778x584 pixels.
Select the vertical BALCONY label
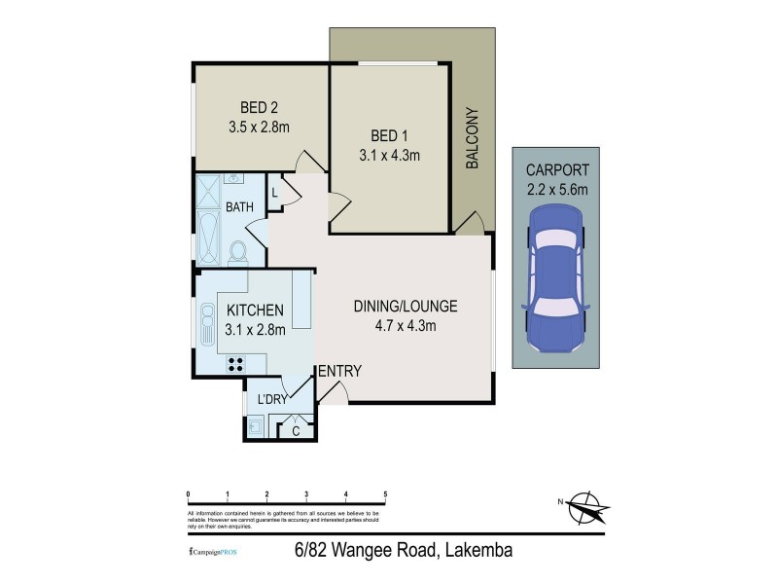coord(474,138)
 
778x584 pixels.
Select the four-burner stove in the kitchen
coord(235,364)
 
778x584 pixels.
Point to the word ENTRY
coord(339,371)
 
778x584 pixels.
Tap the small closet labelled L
coord(275,193)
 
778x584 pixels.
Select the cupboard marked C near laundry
coord(296,428)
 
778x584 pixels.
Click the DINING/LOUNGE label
coord(404,306)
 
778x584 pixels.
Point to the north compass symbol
coord(584,505)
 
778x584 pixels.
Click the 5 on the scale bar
coord(386,494)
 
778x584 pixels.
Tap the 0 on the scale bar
coord(188,494)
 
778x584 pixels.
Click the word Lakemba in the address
coord(480,551)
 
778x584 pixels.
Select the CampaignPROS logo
coord(211,552)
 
